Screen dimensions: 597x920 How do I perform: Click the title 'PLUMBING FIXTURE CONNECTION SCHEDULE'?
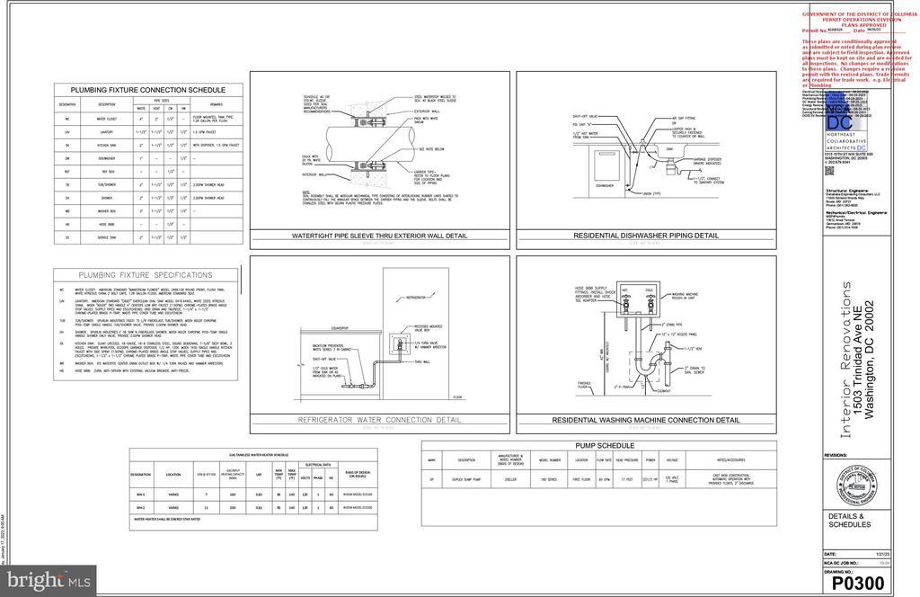(x=148, y=90)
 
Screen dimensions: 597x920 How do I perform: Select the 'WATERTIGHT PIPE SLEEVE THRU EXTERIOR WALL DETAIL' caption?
(x=379, y=236)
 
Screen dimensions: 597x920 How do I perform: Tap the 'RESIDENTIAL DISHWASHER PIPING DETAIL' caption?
(x=646, y=236)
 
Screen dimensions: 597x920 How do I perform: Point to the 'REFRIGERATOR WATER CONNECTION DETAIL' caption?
(x=379, y=420)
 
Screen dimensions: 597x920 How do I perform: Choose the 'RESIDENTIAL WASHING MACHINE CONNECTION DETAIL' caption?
(x=646, y=420)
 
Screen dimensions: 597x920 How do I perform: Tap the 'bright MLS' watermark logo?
(x=48, y=581)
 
